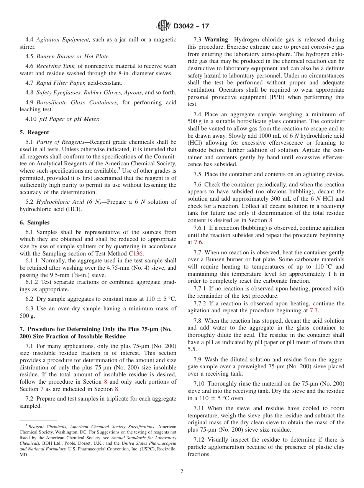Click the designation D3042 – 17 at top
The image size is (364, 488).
click(191, 26)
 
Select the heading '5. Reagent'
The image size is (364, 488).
click(34, 133)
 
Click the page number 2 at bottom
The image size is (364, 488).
click(182, 472)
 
